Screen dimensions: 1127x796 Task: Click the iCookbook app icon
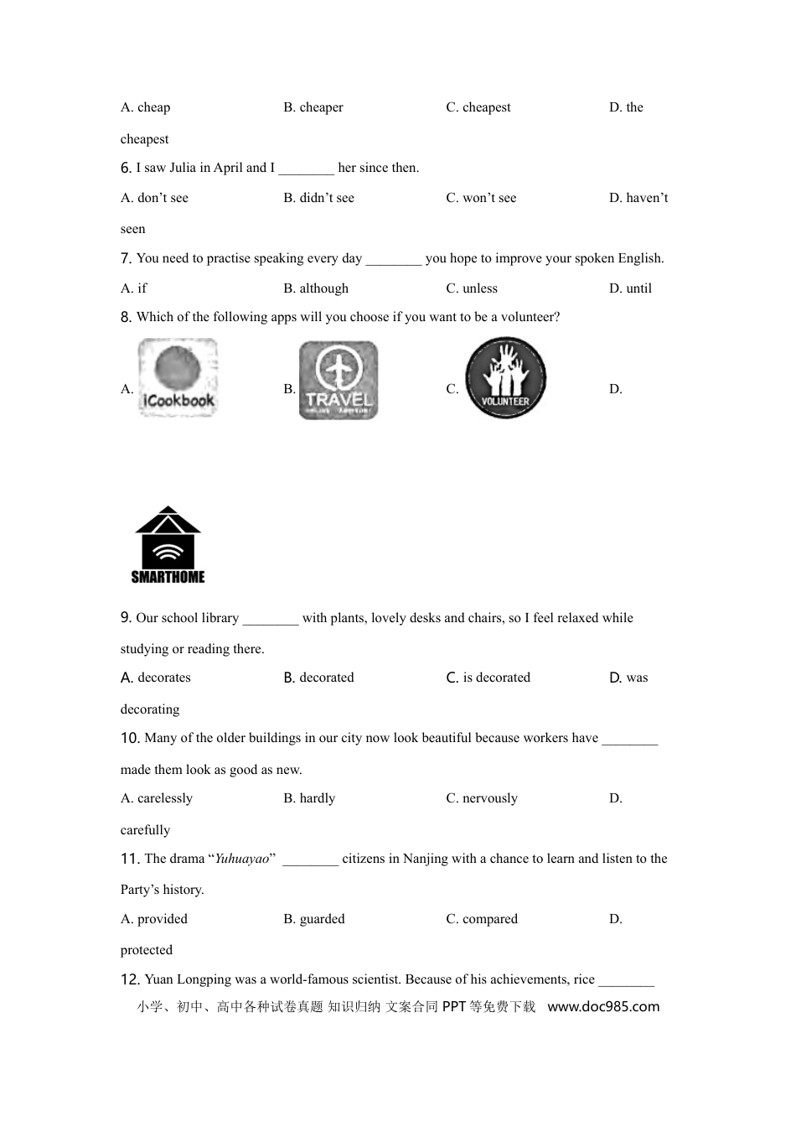coord(178,377)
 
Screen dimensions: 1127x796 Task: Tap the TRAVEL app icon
coord(339,380)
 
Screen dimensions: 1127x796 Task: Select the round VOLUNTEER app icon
coord(505,378)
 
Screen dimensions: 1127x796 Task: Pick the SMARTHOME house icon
coord(168,545)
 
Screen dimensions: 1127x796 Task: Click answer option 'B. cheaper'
coord(313,107)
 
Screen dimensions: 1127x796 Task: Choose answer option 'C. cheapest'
coord(478,107)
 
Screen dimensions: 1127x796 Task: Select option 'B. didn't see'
coord(318,198)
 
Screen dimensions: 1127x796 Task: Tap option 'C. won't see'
coord(481,198)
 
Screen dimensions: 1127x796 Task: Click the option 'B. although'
coord(316,288)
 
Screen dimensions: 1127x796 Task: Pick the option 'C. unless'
coord(472,288)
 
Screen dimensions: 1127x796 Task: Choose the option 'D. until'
coord(630,288)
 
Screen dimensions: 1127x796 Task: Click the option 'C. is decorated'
coord(488,678)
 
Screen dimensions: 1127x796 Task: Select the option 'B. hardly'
coord(309,798)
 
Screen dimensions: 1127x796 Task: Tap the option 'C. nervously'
coord(482,798)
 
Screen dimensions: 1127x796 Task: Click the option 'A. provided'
coord(154,919)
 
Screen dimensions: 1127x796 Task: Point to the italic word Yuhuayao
coord(242,859)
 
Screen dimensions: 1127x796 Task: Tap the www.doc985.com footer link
coord(603,1006)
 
